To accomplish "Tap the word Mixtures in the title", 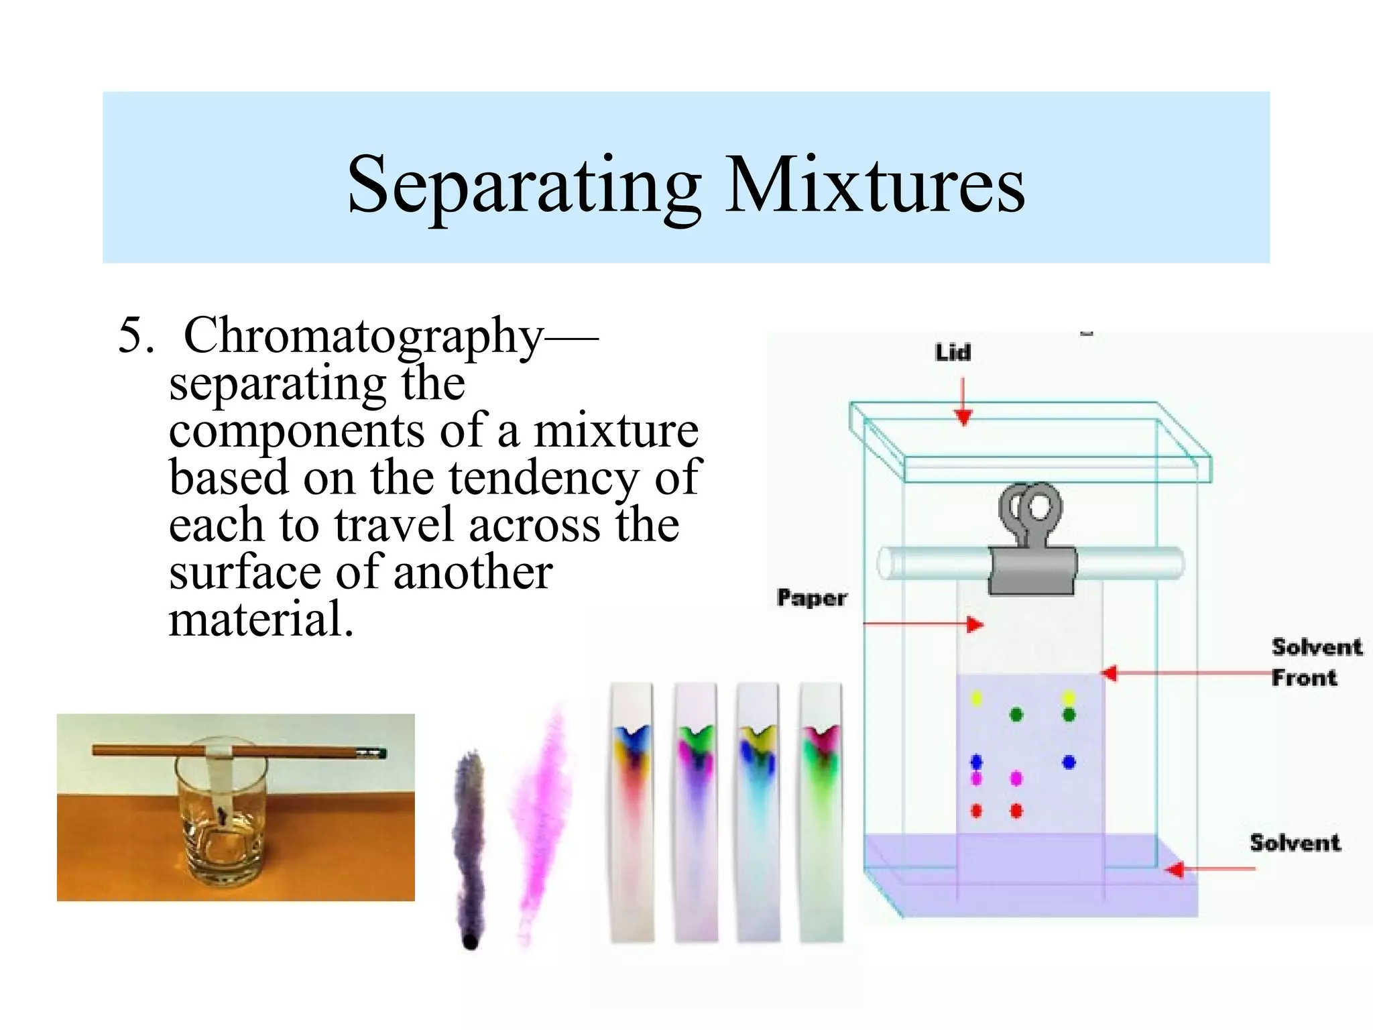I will point(875,184).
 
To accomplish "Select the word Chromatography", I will point(363,335).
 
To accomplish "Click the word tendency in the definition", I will point(543,477).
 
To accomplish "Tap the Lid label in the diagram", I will point(953,352).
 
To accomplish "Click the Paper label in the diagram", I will point(812,597).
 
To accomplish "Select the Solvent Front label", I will point(1316,662).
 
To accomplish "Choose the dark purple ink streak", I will point(469,838).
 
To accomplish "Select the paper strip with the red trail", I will point(632,811).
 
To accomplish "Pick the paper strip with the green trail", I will point(821,811).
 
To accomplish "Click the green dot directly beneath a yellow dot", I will point(1069,715).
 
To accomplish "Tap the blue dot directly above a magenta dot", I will point(977,762).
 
